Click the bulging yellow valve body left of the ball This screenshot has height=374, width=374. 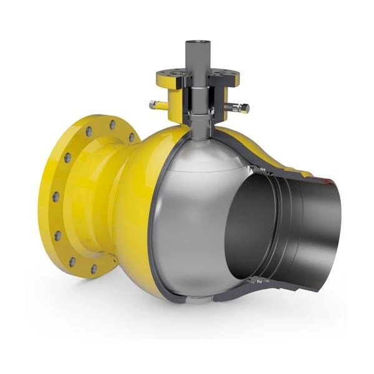click(x=134, y=187)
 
